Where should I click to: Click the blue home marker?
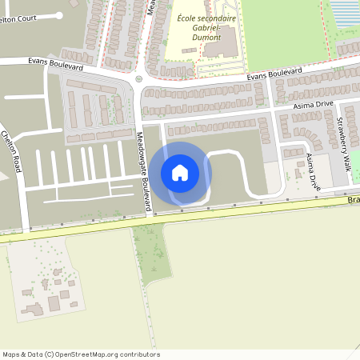click(x=180, y=172)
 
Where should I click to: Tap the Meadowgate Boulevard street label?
click(x=144, y=173)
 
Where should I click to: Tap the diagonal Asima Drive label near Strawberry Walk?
click(x=313, y=174)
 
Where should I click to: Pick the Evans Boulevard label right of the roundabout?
click(x=278, y=74)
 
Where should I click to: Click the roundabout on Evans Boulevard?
click(x=138, y=78)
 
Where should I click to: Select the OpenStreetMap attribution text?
click(x=80, y=354)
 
